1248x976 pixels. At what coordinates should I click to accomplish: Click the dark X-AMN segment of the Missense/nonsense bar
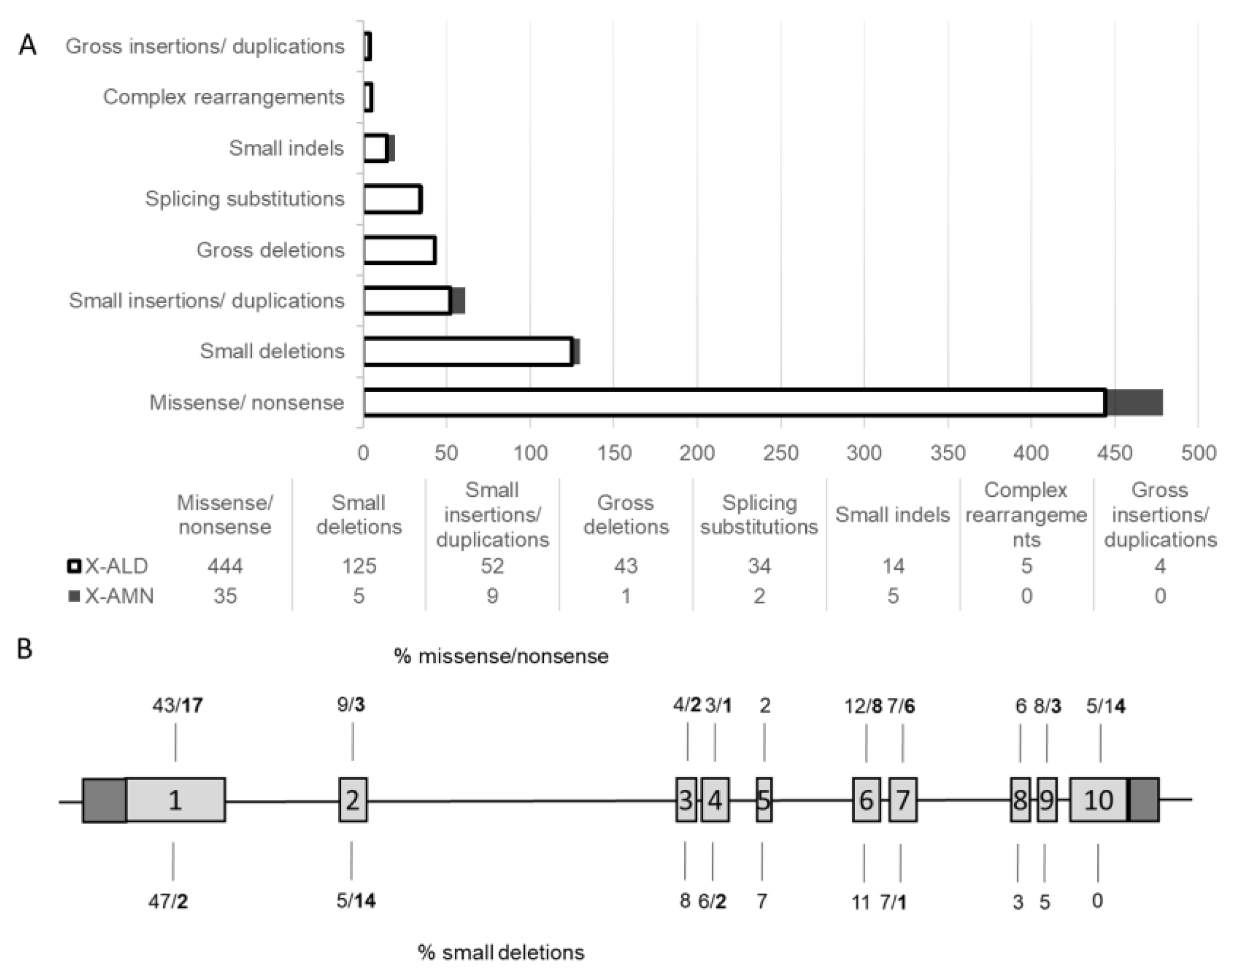(1134, 402)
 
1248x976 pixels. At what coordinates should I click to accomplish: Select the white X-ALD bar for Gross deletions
(399, 250)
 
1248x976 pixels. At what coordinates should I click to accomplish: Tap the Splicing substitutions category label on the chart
(244, 199)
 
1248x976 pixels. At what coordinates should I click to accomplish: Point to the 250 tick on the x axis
(780, 453)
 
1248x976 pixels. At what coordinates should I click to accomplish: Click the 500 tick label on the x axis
(1198, 453)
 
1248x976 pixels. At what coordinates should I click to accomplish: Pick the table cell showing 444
(225, 566)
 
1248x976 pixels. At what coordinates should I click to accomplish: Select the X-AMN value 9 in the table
(492, 596)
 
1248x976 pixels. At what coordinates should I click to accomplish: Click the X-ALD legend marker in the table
(74, 566)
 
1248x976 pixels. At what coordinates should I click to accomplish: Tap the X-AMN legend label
(120, 596)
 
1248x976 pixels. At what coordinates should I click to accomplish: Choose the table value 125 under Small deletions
(359, 566)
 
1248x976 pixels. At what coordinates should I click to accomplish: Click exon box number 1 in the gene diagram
(175, 800)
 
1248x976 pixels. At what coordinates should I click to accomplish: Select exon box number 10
(1098, 800)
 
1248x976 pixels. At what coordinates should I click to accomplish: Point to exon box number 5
(764, 800)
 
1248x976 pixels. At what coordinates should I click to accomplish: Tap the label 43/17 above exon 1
(177, 706)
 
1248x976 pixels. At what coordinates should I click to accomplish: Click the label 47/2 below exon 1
(168, 902)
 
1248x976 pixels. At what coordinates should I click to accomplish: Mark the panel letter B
(25, 650)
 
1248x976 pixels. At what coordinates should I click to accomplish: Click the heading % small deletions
(501, 953)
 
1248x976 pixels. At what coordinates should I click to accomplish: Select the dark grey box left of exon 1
(104, 800)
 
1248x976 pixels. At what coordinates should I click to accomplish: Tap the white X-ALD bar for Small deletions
(468, 351)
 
